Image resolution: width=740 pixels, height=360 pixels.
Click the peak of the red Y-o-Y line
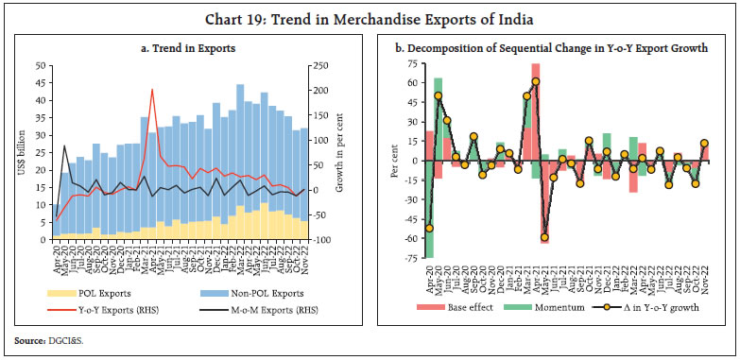(x=152, y=91)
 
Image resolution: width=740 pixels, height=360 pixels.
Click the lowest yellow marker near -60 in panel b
(x=544, y=237)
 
